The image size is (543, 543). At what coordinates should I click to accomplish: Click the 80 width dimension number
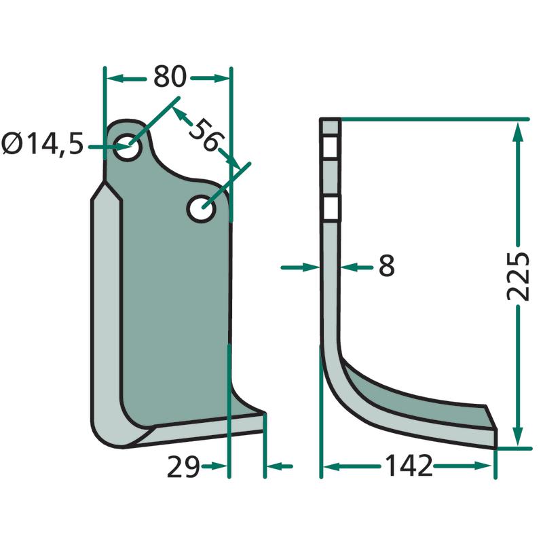[170, 77]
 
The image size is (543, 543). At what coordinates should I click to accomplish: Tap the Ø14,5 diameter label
[43, 144]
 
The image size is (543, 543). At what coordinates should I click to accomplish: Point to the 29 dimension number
[183, 467]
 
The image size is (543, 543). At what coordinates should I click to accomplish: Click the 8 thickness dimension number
[386, 265]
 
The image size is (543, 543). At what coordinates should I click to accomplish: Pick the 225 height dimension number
[518, 276]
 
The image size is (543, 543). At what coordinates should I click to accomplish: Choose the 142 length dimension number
[409, 466]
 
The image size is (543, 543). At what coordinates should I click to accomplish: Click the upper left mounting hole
[128, 147]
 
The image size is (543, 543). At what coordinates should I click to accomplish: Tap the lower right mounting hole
[201, 209]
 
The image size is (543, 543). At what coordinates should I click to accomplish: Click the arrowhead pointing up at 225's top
[518, 130]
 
